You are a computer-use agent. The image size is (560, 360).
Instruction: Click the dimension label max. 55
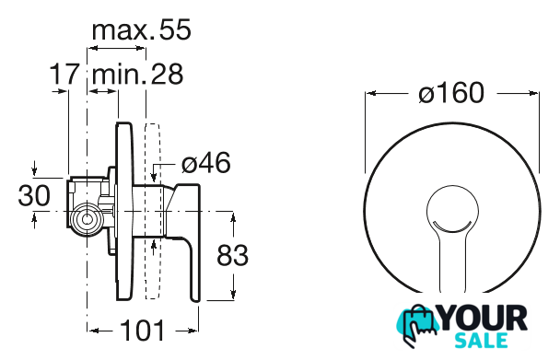pos(142,30)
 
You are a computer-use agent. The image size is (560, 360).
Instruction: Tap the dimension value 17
pos(64,74)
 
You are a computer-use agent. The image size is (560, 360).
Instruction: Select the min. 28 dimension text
pos(137,74)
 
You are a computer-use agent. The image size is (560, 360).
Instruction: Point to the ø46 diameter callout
pos(206,163)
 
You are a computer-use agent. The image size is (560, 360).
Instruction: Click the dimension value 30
pos(34,195)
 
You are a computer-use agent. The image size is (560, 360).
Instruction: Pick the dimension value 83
pos(232,255)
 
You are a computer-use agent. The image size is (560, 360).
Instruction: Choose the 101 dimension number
pos(143,330)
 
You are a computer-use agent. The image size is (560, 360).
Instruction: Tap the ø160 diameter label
pos(451,92)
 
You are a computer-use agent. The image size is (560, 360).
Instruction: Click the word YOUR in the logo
pos(484,318)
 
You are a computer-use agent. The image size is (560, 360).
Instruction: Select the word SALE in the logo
pos(482,340)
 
